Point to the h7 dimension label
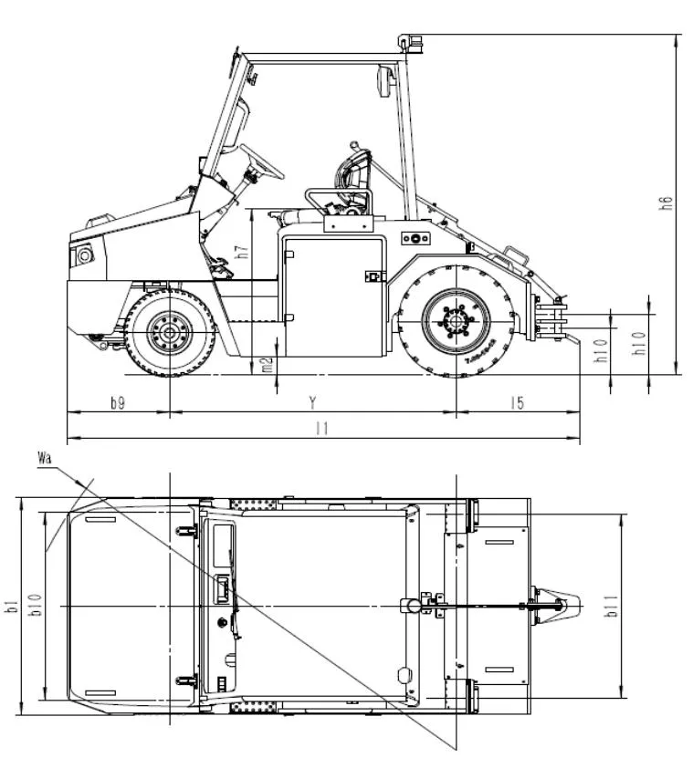pos(241,253)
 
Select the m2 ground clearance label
pos(267,365)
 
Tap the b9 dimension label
pos(118,403)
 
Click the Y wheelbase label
pos(313,402)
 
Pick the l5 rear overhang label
pos(517,403)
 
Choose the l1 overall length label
pos(320,428)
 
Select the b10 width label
pos(35,606)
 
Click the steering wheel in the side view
pos(262,161)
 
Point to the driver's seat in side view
pos(351,182)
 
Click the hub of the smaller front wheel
pos(170,332)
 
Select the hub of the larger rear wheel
pos(456,321)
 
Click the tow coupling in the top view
pos(559,605)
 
